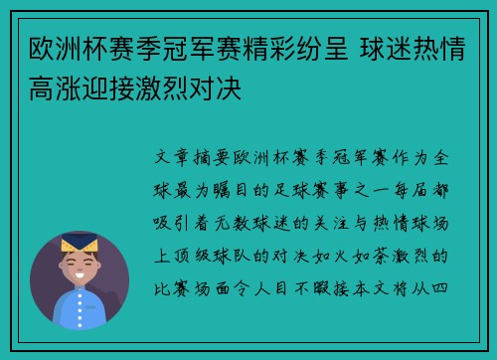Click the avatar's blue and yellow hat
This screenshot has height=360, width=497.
point(79,242)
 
